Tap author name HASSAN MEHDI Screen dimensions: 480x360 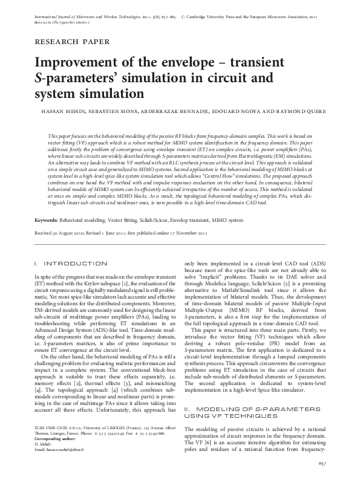[x=70, y=111]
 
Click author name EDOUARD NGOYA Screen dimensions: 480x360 [x=243, y=111]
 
